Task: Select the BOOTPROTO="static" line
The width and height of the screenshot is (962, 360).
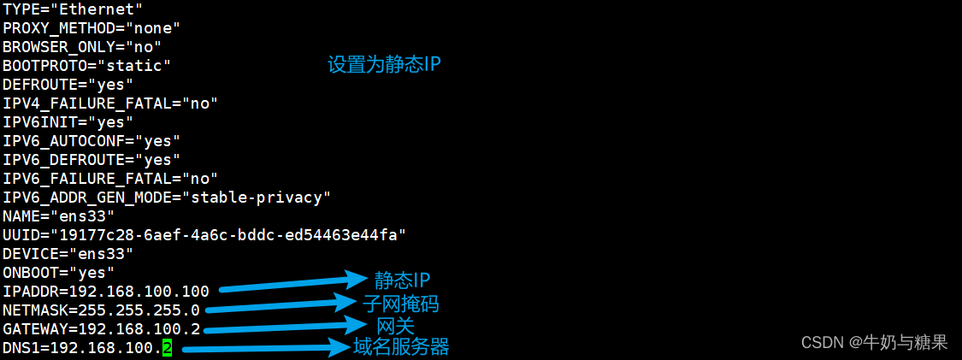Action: coord(86,65)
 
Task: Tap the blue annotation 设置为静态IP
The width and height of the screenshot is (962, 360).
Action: coord(384,65)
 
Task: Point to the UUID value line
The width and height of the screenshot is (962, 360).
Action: coord(204,234)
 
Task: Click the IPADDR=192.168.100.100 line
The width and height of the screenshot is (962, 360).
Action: coord(105,292)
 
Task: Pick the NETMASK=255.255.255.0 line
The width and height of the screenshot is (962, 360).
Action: coord(101,310)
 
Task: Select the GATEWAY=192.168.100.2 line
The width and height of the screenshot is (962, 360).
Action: coord(101,329)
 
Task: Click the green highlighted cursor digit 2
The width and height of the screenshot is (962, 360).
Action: coord(167,348)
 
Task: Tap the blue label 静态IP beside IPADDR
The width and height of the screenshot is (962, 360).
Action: coord(401,280)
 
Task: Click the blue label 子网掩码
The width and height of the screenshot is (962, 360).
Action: coord(401,304)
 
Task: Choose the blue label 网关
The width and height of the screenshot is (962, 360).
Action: coord(395,326)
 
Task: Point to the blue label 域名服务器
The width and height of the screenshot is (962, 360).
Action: coord(401,347)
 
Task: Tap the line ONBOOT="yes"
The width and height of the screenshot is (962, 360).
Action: coord(58,273)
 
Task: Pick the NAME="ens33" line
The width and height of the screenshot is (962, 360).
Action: coord(58,216)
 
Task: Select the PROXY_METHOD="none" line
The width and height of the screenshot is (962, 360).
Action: coord(91,27)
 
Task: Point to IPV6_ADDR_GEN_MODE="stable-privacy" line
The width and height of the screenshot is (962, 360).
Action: coord(166,198)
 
